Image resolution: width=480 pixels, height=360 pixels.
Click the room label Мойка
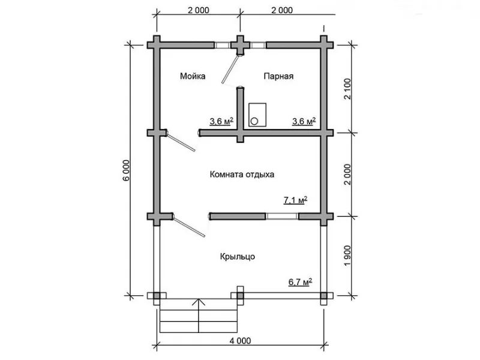click(193, 76)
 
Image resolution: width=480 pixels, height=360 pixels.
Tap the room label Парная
click(278, 76)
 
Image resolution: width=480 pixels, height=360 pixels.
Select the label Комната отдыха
click(242, 175)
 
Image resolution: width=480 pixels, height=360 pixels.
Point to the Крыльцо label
click(238, 257)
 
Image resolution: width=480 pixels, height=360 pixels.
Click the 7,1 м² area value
click(295, 200)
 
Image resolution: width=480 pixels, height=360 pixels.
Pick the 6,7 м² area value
click(301, 281)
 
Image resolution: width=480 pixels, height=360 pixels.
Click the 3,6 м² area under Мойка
click(221, 121)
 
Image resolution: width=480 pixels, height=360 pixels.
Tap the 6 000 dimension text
click(127, 170)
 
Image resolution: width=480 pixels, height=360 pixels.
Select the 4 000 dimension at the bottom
click(240, 341)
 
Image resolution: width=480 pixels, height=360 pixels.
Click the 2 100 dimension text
click(347, 89)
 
